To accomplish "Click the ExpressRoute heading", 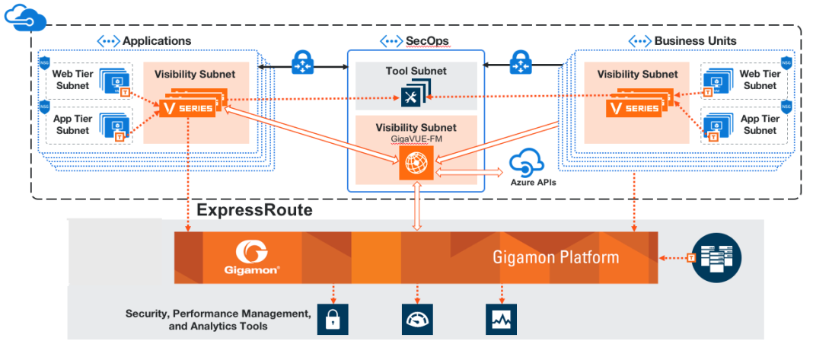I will pos(255,210).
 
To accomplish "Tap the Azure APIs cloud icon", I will pos(524,163).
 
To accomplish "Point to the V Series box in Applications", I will pos(187,107).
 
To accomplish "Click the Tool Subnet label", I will pos(416,72).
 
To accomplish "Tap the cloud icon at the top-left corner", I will pos(25,16).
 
